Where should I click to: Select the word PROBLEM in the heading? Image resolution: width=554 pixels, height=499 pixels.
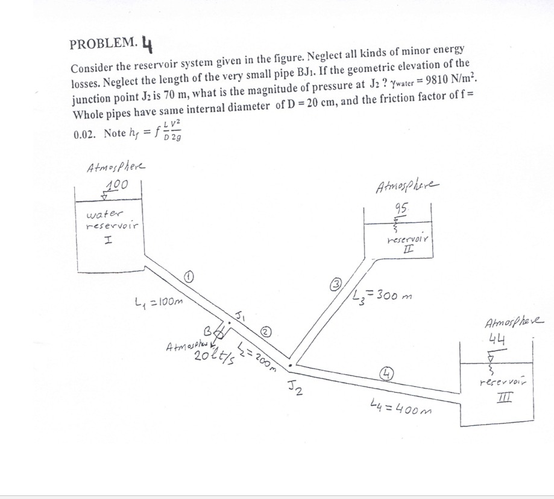click(x=103, y=44)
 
